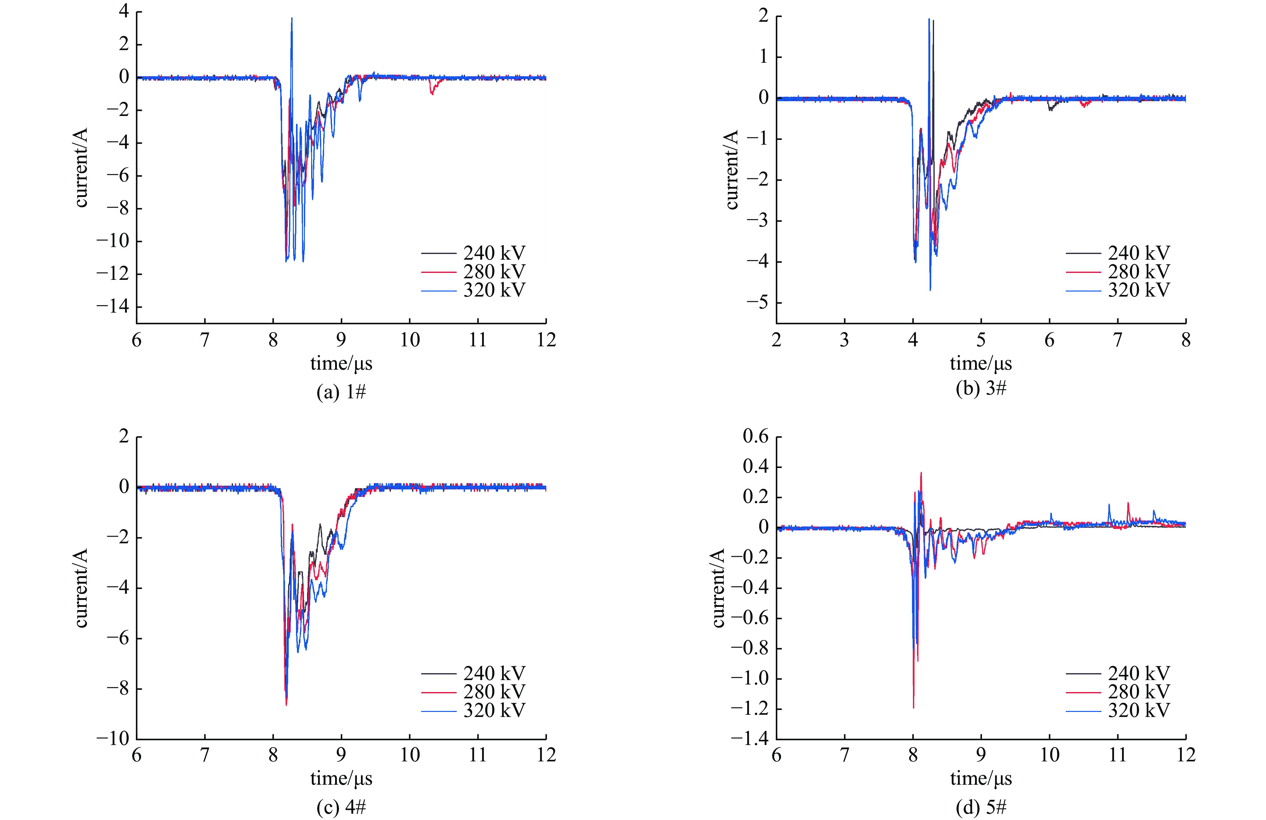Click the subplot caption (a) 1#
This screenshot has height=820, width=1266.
(341, 392)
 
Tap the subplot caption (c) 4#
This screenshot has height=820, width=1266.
(341, 807)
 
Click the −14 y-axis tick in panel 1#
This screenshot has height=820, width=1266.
(113, 307)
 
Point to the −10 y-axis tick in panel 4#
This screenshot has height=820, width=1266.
(113, 739)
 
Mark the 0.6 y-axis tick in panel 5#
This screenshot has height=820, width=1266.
(755, 436)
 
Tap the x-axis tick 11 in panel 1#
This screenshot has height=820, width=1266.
(478, 339)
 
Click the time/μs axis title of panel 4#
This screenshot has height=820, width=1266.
(341, 778)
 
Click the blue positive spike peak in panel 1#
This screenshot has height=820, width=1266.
(292, 19)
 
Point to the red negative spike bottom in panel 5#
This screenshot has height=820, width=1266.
(913, 707)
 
